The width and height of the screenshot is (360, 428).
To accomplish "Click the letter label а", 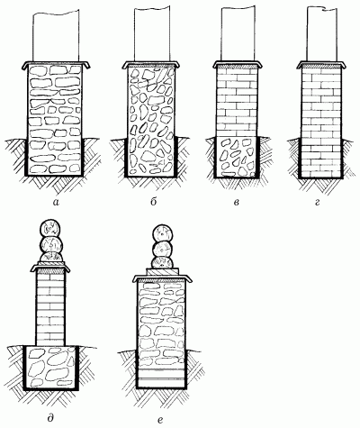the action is point(56,203).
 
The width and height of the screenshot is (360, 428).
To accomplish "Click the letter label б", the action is point(153,202).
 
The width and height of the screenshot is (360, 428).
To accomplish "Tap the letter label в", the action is point(236,203).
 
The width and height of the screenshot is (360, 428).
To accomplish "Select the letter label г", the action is point(318,203).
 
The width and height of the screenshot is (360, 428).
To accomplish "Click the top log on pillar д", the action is point(50,229).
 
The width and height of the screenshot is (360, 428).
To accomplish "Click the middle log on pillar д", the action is point(51,245).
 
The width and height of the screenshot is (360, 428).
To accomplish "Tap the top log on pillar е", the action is point(164,233).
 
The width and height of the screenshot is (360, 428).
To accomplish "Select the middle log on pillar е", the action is point(163,250).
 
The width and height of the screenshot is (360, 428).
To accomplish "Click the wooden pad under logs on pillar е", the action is point(163,271).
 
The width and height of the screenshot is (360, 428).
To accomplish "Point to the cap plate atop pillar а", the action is point(56,65).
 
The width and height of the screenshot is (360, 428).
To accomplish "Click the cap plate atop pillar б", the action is point(152,65).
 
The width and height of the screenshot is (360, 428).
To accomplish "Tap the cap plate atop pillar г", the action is point(321,64).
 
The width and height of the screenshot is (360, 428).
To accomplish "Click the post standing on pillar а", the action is point(56,35).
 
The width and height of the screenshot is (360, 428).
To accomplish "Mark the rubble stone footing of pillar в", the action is point(237,157).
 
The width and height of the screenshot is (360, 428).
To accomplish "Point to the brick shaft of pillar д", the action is point(50,308).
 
